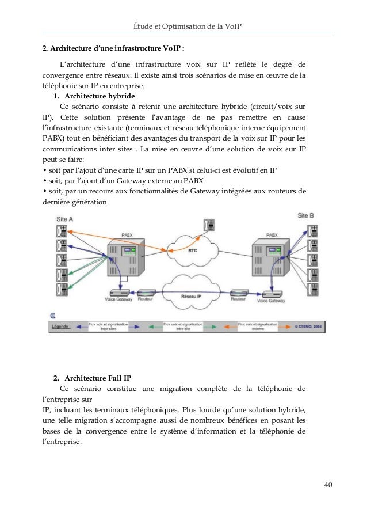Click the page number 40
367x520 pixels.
click(x=328, y=484)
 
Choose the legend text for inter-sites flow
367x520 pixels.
click(x=103, y=326)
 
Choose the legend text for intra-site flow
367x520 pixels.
click(x=183, y=326)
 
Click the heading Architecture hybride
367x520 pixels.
click(x=100, y=96)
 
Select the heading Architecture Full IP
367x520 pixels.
click(x=98, y=378)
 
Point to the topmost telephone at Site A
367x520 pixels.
click(x=60, y=231)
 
